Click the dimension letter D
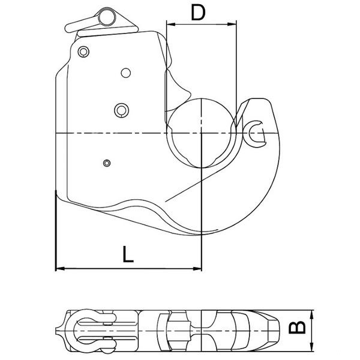(198, 13)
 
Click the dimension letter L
(128, 254)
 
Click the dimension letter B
(297, 327)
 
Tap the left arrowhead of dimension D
(171, 24)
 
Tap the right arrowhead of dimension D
(232, 24)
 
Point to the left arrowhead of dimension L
(60, 268)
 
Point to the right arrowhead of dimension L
(197, 268)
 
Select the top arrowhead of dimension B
(311, 314)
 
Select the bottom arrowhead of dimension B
(311, 347)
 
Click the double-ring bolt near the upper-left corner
(83, 52)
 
